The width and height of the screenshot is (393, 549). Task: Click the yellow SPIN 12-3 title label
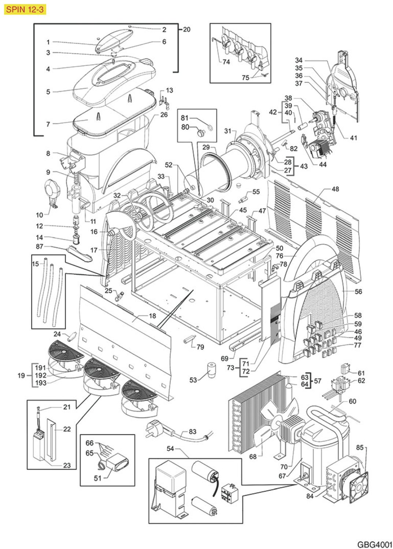(x=25, y=9)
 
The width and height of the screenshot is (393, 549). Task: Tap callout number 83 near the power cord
(x=193, y=432)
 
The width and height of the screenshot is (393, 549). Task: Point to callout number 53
(x=193, y=380)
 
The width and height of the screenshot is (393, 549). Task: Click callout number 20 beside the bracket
(x=187, y=29)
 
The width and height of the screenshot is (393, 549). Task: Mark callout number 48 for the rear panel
(x=335, y=189)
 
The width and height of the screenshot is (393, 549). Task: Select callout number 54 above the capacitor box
(x=170, y=448)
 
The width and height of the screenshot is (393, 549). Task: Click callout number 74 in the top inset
(x=226, y=62)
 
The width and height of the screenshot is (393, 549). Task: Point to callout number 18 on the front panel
(x=152, y=315)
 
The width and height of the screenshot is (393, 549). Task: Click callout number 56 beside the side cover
(x=358, y=291)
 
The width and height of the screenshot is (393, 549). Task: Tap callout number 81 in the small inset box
(x=185, y=118)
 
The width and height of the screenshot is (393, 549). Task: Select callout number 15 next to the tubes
(x=35, y=264)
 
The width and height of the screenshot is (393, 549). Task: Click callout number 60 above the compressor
(x=352, y=401)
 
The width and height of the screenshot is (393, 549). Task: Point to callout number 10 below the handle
(x=40, y=214)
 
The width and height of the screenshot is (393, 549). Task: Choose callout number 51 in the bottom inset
(x=97, y=478)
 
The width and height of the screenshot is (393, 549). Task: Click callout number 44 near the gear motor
(x=323, y=164)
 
